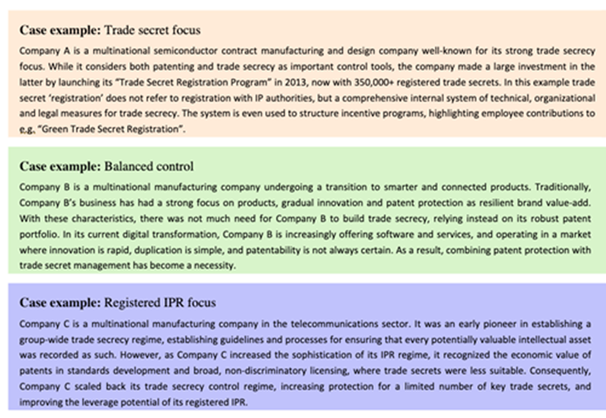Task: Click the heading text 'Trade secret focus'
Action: tap(153, 30)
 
